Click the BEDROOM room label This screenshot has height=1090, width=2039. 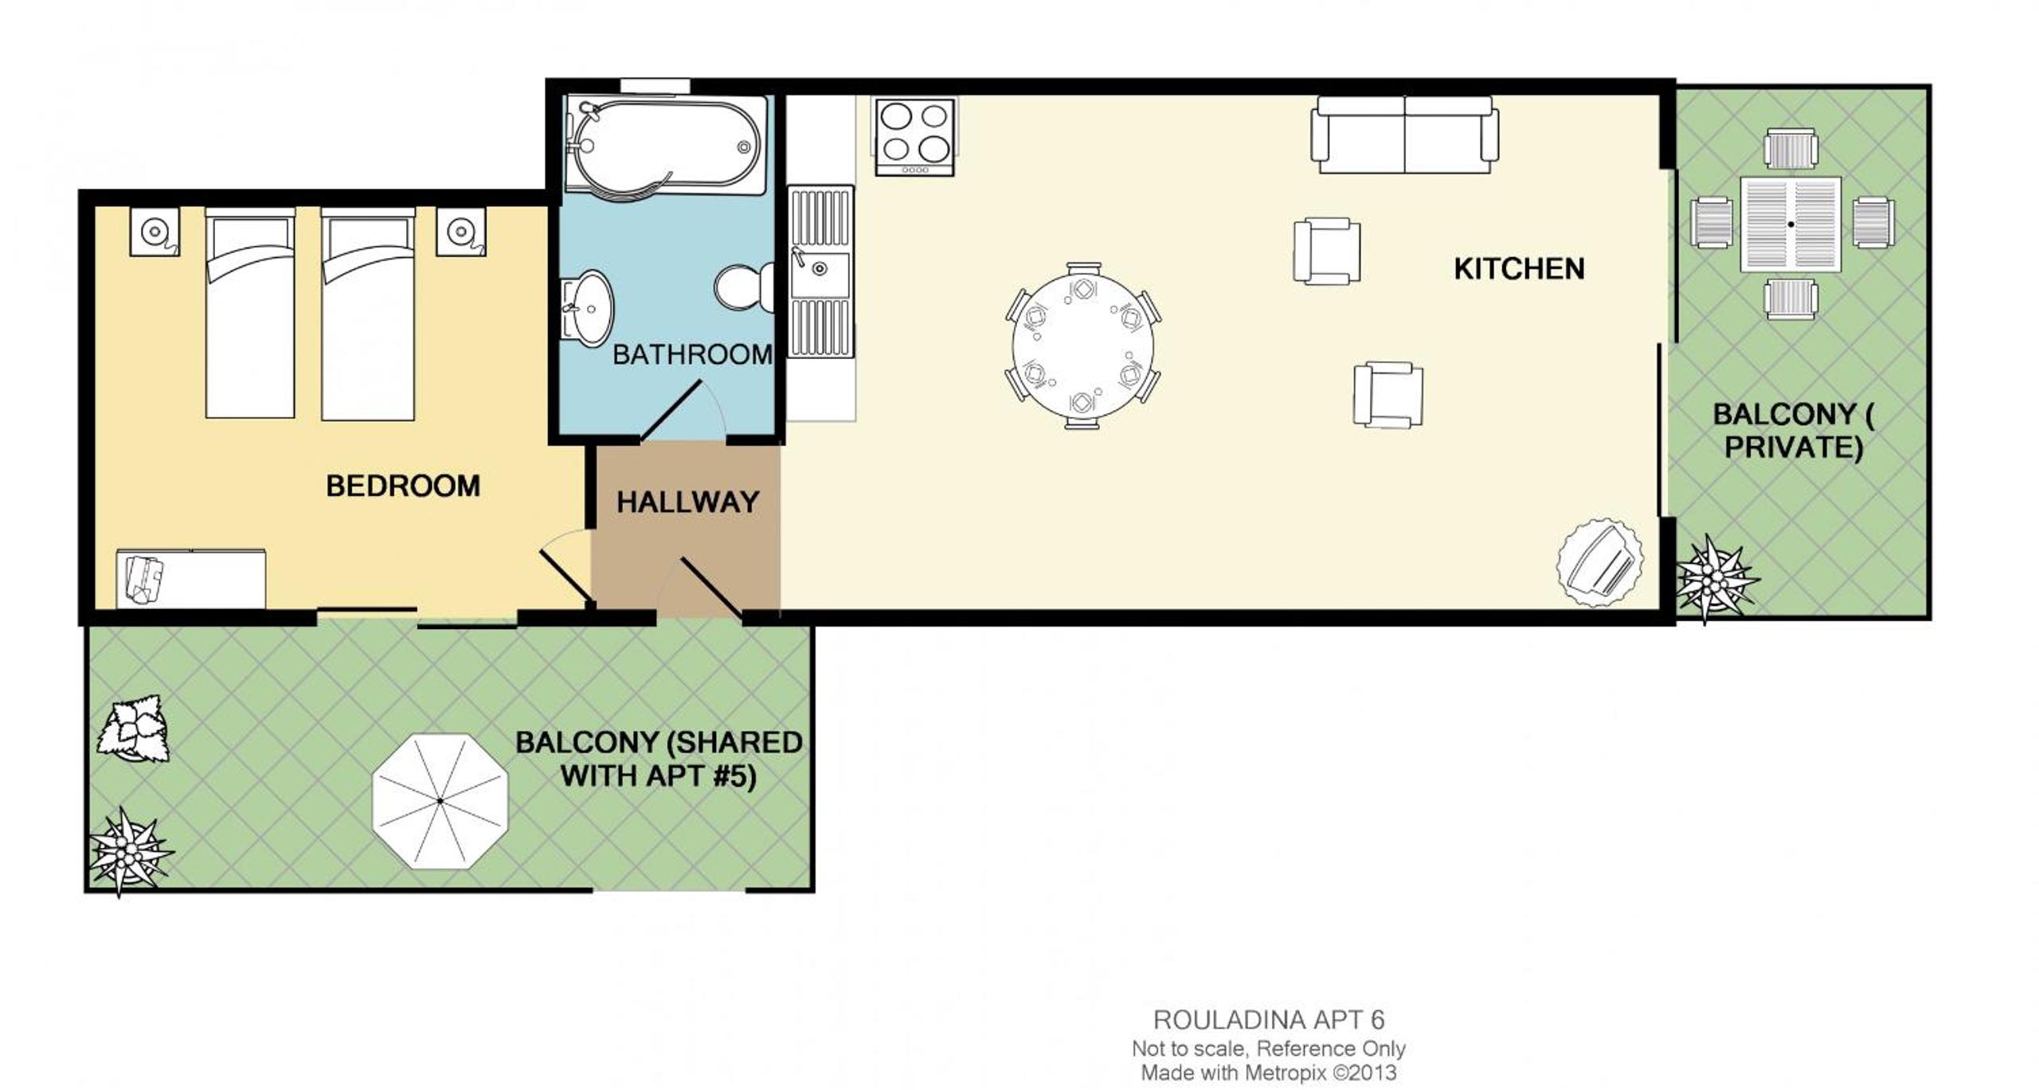(x=403, y=486)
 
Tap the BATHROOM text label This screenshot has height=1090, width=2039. (x=692, y=354)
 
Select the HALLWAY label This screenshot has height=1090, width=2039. (x=687, y=502)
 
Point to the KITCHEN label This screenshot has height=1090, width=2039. (x=1519, y=269)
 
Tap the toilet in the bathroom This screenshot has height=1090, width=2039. (x=745, y=287)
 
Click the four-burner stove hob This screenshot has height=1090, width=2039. (x=914, y=136)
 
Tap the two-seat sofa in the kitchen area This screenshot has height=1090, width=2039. (x=1405, y=135)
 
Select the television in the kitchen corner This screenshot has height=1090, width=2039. (x=1599, y=564)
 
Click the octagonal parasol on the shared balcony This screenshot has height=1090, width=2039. (x=440, y=801)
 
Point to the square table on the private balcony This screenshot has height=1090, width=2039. (x=1790, y=225)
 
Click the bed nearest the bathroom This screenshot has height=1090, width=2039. (x=367, y=314)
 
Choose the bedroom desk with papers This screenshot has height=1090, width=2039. (x=191, y=579)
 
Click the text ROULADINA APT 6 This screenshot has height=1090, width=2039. (x=1269, y=1019)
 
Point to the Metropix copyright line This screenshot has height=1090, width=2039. (x=1269, y=1072)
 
